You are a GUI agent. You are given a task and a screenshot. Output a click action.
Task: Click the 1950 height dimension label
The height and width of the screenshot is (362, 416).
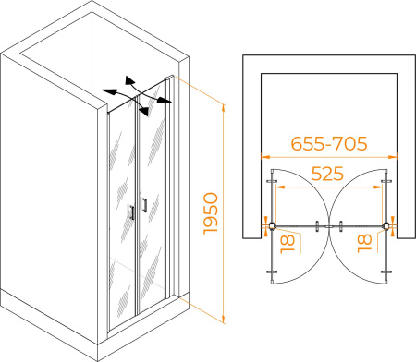tap(211, 213)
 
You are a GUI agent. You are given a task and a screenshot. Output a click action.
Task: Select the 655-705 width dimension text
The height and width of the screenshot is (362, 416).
tap(329, 143)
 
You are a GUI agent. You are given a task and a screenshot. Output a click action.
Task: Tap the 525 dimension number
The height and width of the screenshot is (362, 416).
tap(327, 174)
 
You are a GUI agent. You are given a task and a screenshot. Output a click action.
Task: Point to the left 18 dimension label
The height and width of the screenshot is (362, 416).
tap(288, 245)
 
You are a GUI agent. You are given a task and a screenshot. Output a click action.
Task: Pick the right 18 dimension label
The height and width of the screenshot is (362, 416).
tap(364, 244)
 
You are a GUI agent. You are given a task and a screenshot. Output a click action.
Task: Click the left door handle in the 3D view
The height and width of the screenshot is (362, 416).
tap(132, 212)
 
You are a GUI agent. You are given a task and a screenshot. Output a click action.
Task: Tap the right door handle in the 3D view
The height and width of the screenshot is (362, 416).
tap(144, 205)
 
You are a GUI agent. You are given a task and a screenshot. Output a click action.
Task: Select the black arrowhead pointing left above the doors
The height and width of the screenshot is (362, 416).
tap(109, 91)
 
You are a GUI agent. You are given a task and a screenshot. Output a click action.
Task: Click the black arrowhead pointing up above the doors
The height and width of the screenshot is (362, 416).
tap(129, 80)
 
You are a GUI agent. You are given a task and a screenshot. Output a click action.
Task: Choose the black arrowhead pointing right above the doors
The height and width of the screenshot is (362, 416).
tap(165, 100)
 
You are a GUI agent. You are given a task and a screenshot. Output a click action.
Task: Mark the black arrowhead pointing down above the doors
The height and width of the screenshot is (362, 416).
tap(144, 112)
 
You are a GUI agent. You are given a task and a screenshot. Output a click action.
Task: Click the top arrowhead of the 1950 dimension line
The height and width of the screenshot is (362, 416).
tap(224, 108)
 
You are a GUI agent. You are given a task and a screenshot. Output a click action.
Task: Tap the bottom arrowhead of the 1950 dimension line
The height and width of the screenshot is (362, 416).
tap(224, 320)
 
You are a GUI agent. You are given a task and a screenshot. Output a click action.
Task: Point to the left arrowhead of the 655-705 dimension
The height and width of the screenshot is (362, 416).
tap(265, 157)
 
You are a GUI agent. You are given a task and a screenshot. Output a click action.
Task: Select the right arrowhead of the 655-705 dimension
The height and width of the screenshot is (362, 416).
tap(393, 157)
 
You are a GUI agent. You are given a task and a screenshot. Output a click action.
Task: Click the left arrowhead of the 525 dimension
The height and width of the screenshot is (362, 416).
tap(279, 187)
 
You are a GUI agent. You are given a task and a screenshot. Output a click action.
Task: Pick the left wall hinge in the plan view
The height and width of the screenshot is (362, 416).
tap(272, 227)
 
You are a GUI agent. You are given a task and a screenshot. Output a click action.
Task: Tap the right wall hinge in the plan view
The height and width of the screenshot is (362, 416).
tap(385, 227)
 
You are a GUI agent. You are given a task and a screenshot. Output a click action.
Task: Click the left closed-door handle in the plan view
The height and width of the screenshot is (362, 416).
tap(317, 226)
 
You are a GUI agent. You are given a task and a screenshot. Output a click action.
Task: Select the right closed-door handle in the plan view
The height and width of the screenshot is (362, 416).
tap(341, 226)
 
